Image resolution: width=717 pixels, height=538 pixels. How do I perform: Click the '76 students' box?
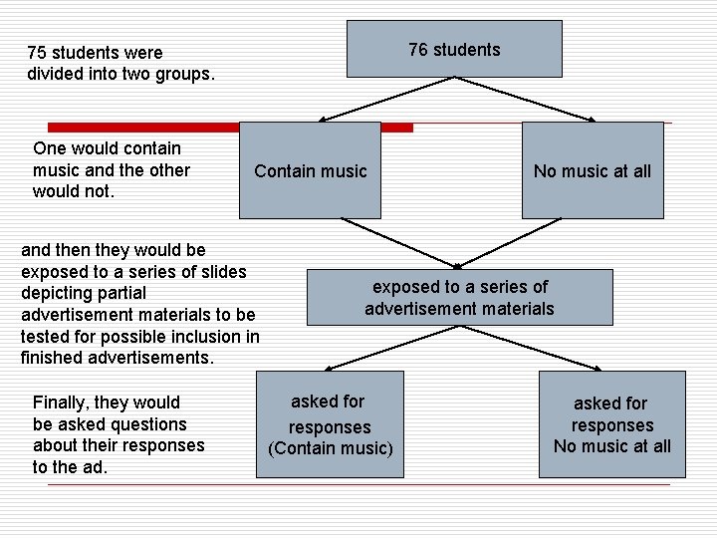[x=454, y=50]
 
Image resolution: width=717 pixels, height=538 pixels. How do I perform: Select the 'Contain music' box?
[x=310, y=170]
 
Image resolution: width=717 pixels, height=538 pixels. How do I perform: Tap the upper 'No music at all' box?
[x=592, y=170]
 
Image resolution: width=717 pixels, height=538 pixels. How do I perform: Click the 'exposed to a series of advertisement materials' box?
[x=459, y=297]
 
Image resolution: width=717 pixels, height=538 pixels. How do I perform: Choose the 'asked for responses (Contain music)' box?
[x=330, y=424]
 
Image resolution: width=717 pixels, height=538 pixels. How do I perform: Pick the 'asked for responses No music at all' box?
[x=611, y=425]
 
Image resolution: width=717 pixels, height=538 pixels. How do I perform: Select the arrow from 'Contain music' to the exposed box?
[x=388, y=243]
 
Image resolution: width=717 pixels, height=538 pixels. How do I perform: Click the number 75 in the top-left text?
[x=37, y=52]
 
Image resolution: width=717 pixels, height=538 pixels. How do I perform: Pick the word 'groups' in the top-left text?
[x=185, y=74]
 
